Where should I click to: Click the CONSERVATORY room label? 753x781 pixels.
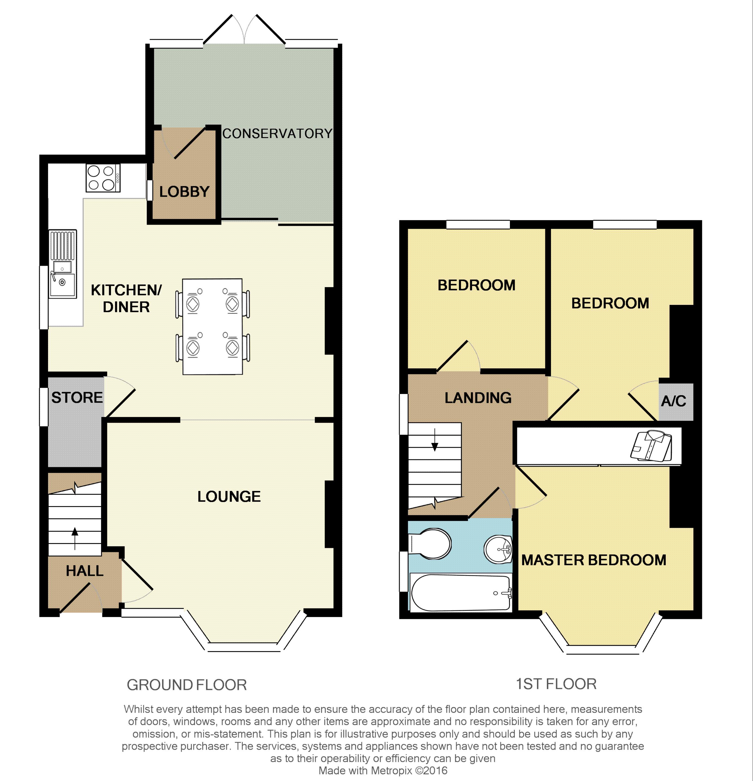coord(277,133)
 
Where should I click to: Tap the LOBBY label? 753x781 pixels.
coord(184,192)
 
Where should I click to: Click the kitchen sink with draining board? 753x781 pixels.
coord(63,264)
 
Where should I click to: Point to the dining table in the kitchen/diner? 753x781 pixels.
coord(212,326)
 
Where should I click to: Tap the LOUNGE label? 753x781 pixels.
coord(229,496)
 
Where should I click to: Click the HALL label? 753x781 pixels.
coord(85,571)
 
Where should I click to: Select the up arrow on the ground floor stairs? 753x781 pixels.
coord(75,538)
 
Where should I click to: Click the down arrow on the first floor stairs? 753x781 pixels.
coord(435,440)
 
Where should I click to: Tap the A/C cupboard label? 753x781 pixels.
coord(674,401)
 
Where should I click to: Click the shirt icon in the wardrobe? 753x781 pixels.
coord(651,446)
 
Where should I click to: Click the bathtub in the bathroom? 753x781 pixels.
coord(461,593)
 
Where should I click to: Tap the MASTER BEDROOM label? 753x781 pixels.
coord(594,560)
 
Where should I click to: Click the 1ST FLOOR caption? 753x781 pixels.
coord(556,684)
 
